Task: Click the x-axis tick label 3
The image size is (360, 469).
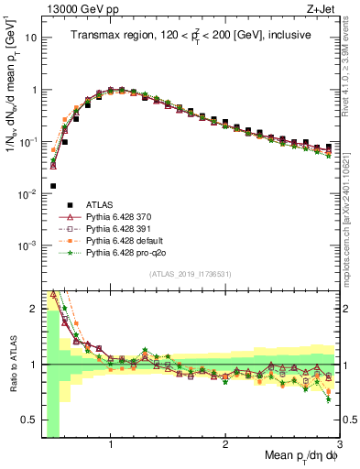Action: tap(339, 444)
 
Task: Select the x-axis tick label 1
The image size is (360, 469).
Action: tap(111, 444)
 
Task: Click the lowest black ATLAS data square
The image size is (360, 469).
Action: tap(53, 185)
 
